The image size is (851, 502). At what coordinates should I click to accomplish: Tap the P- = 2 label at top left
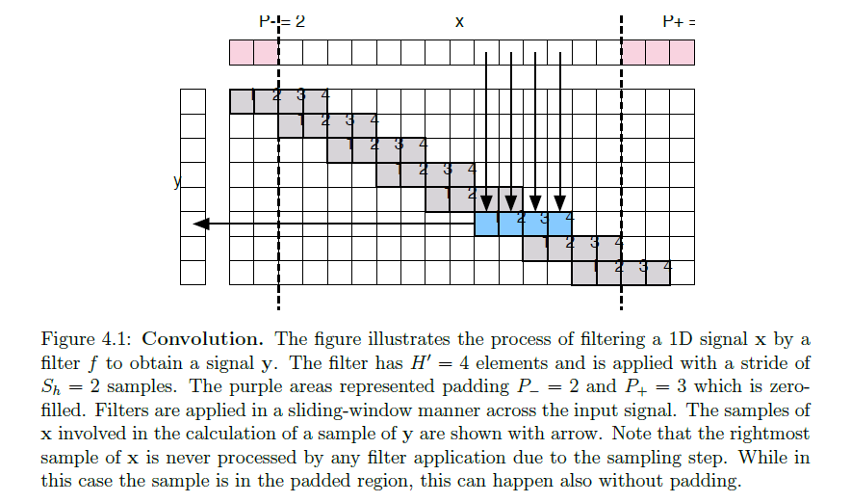coord(281,20)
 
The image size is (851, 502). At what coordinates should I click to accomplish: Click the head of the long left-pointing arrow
coord(199,224)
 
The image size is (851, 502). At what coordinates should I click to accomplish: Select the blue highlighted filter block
coord(523,224)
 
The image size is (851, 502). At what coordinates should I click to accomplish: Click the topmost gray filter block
coord(278,100)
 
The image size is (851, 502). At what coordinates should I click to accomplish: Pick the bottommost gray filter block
coord(620,273)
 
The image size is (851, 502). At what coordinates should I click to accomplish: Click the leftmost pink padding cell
coord(241,52)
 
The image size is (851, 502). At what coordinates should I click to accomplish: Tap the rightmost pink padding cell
coord(681,52)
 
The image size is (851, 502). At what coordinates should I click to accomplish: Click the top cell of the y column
coord(193,100)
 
